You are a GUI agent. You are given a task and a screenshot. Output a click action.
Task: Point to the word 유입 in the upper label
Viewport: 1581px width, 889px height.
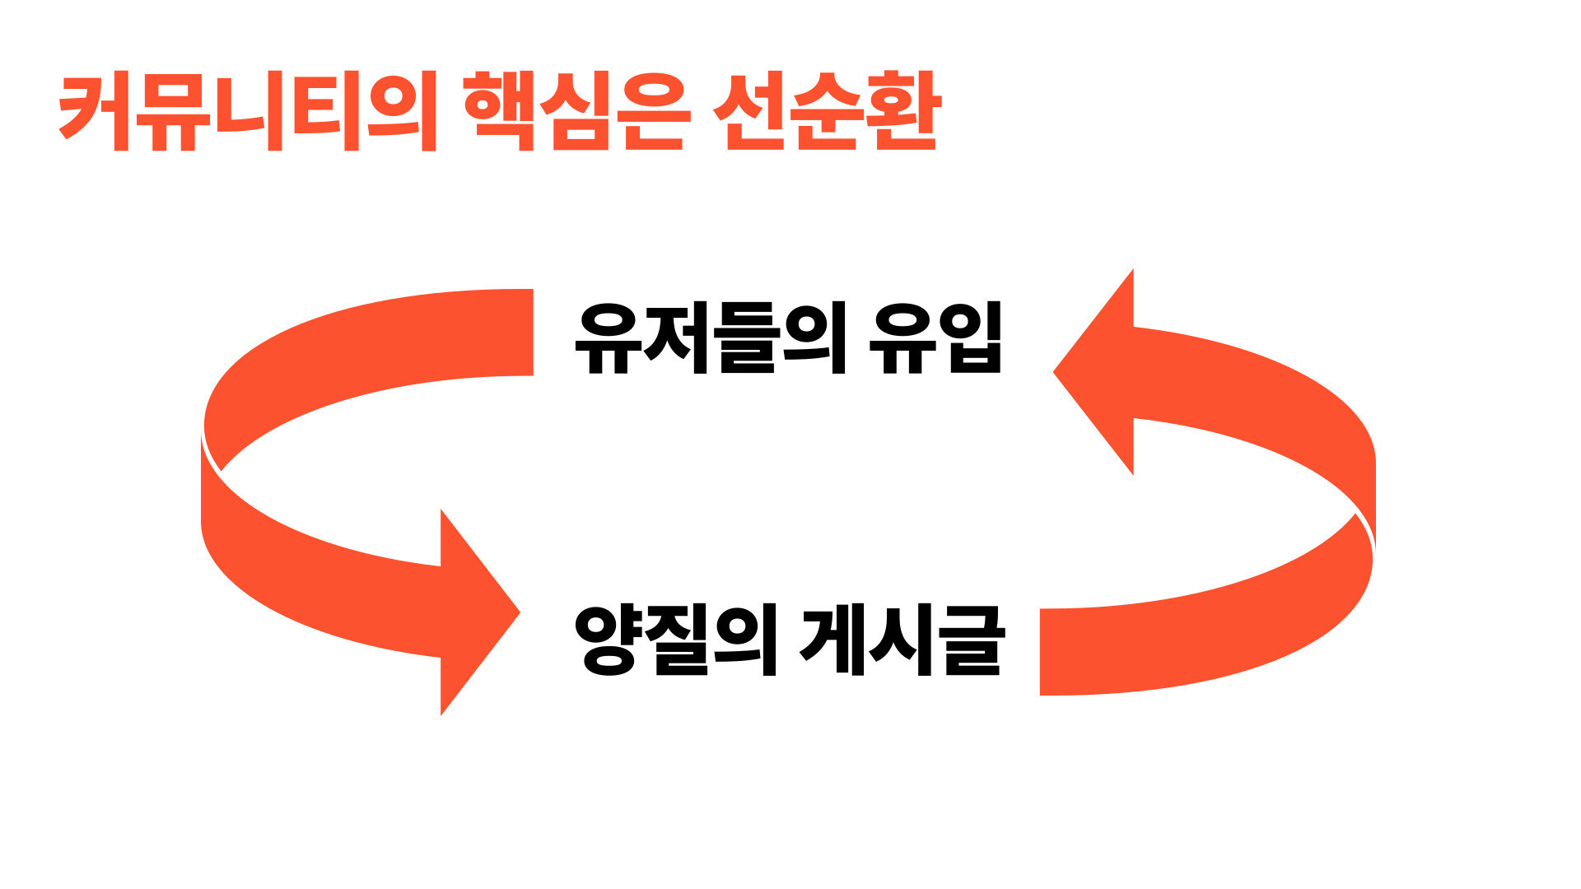coord(935,338)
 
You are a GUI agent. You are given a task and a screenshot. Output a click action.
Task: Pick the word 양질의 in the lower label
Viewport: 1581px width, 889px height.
coord(675,640)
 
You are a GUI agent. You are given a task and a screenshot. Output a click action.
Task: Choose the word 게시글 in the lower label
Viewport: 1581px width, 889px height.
coord(902,640)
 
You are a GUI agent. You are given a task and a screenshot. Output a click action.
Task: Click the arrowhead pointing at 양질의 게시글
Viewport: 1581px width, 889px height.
coord(478,612)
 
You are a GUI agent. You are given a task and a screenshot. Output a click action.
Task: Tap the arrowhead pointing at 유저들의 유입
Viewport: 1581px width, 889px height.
coord(1095,372)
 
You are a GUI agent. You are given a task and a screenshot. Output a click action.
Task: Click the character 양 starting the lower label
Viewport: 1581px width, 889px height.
coord(608,640)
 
